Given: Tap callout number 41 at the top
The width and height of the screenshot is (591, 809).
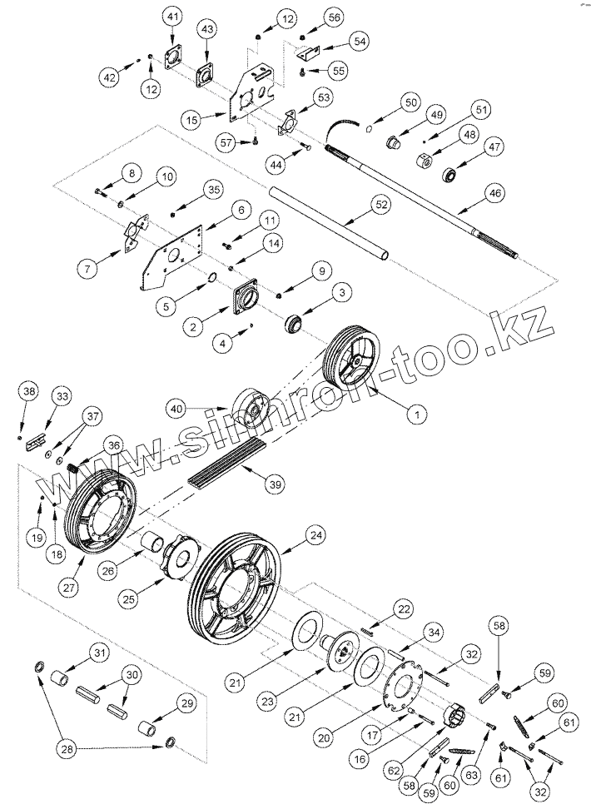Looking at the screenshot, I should click(x=172, y=17).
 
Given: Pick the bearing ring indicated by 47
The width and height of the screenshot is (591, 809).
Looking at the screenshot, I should click(x=450, y=176).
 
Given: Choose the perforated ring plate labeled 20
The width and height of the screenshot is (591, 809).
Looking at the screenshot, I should click(x=403, y=692).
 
